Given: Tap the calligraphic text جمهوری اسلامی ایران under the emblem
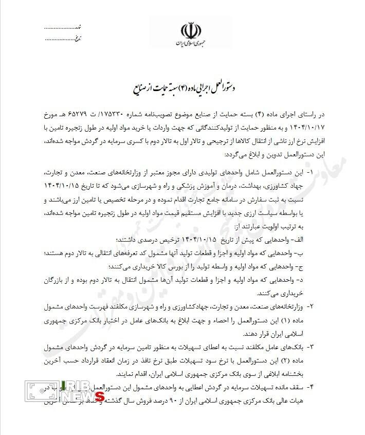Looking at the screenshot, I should click(x=190, y=44).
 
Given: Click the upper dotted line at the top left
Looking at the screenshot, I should click(x=62, y=26).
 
